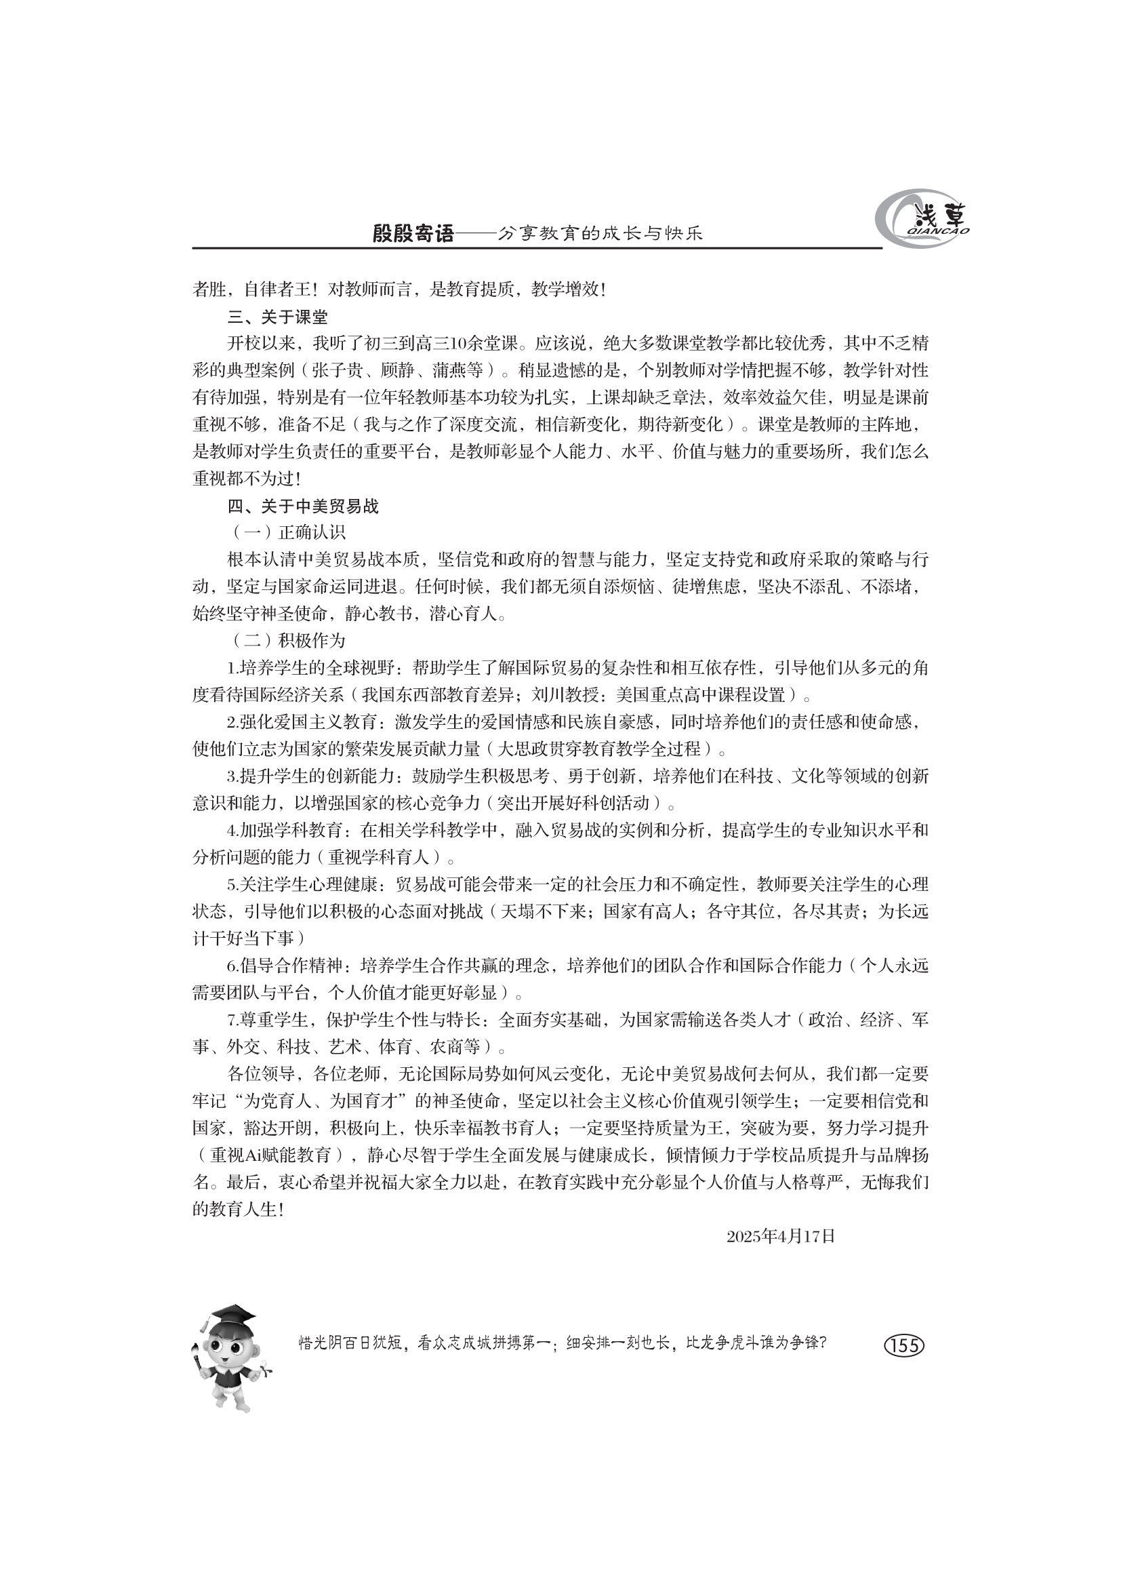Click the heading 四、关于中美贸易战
[303, 507]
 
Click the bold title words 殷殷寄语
[413, 234]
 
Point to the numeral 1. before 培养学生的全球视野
[233, 668]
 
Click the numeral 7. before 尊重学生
[233, 1020]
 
